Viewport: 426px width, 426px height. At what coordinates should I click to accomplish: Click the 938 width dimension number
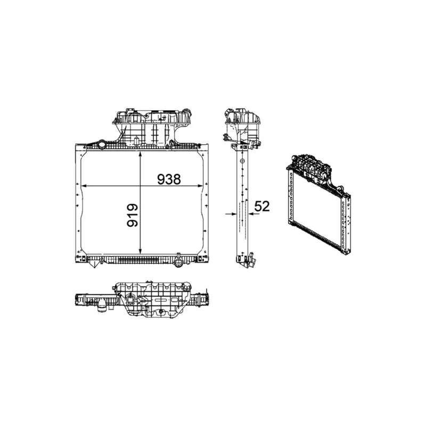point(169,179)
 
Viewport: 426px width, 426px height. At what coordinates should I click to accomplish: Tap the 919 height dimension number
point(133,216)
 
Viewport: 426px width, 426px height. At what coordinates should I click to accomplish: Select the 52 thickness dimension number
point(262,206)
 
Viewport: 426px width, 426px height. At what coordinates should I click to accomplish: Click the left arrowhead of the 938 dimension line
point(84,186)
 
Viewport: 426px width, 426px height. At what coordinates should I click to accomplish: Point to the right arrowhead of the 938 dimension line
point(200,186)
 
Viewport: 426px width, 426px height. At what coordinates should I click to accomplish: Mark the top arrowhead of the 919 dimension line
point(140,154)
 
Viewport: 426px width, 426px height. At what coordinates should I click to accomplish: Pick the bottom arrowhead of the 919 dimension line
point(140,251)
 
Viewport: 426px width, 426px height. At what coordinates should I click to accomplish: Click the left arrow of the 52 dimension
point(231,214)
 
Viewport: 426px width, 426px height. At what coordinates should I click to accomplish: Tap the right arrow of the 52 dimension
point(254,214)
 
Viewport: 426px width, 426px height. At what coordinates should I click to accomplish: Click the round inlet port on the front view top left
point(102,144)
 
